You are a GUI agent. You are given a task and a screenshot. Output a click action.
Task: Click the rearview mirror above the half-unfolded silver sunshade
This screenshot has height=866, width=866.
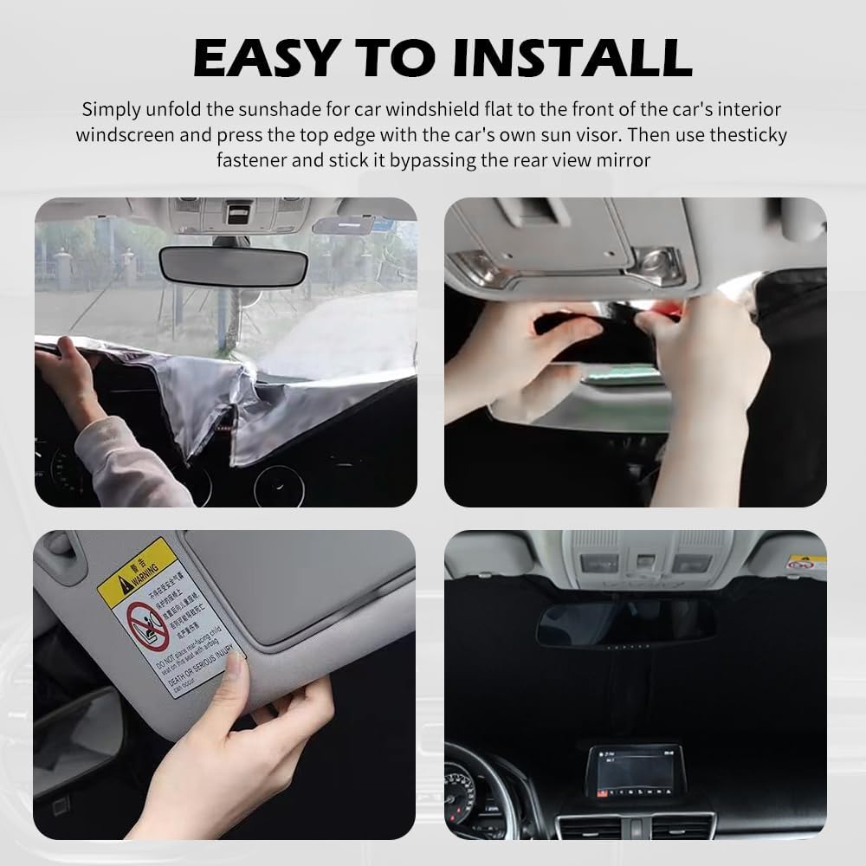coord(233,264)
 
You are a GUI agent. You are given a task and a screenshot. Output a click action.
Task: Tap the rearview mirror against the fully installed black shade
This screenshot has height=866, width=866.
coord(623,623)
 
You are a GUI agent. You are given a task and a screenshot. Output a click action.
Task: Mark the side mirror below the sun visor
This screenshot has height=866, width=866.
coord(74,736)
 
